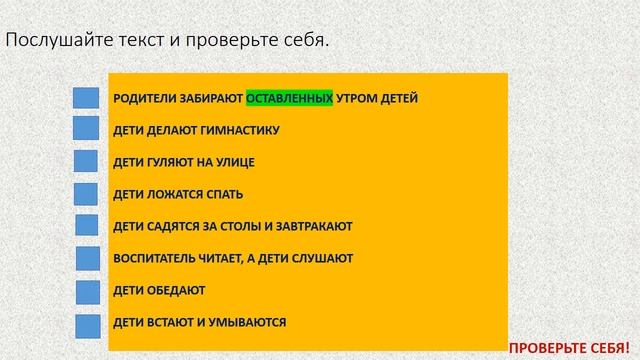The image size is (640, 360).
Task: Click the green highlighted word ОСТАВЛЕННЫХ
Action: tap(289, 98)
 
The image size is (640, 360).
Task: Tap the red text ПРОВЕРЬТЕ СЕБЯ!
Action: tap(573, 346)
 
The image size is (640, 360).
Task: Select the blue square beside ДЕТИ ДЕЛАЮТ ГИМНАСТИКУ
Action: tap(86, 130)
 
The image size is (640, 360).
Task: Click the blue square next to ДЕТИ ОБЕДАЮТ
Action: tap(87, 292)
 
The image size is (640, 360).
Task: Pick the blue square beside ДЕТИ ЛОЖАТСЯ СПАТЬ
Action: tap(86, 194)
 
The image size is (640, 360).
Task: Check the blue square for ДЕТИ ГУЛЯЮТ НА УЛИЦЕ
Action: tap(86, 162)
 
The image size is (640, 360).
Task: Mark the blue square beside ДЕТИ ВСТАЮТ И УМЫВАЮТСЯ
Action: tap(87, 324)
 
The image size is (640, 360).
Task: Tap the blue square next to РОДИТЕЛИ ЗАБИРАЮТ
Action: tap(86, 98)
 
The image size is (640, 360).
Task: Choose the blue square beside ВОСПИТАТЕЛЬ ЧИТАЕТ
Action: tap(87, 259)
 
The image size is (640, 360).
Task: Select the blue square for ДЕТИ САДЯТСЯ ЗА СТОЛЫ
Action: tap(86, 227)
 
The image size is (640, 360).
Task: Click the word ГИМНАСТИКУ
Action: tap(243, 130)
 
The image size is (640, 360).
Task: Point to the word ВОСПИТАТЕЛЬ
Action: tap(151, 258)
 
